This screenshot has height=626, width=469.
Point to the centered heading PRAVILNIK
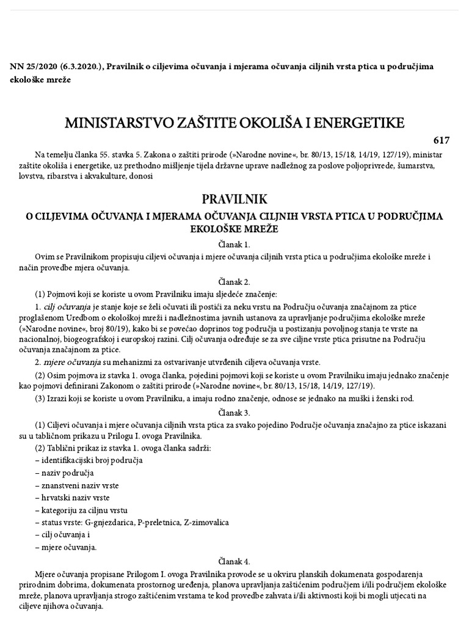234,200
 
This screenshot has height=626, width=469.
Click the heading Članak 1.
234,243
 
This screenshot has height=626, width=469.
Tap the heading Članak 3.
234,412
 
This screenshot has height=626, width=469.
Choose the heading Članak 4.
234,561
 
